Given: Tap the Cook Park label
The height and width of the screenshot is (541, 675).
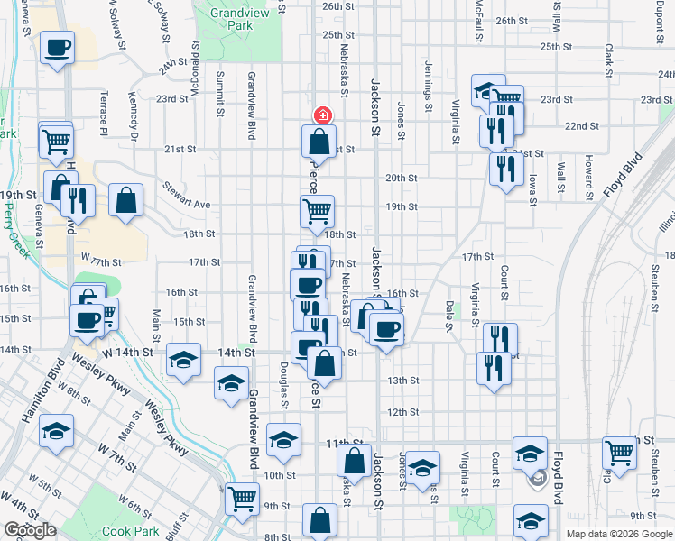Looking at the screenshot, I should pyautogui.click(x=131, y=531).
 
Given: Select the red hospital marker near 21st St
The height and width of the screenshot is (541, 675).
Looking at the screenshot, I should pyautogui.click(x=321, y=115).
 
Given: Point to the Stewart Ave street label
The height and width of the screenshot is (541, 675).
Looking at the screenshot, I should pyautogui.click(x=187, y=197).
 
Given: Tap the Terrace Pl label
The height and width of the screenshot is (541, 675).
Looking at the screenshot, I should pyautogui.click(x=105, y=113).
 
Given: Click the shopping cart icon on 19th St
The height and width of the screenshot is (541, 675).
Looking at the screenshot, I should pyautogui.click(x=318, y=211).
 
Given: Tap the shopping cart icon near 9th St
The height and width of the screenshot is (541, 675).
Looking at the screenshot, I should pyautogui.click(x=241, y=498).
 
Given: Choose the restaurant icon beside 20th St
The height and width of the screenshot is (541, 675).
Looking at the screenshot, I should pyautogui.click(x=506, y=168).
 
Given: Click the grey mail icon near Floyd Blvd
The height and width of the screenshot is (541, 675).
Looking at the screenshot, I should pyautogui.click(x=538, y=478).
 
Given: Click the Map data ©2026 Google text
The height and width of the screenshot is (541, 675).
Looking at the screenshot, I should pyautogui.click(x=619, y=534).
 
